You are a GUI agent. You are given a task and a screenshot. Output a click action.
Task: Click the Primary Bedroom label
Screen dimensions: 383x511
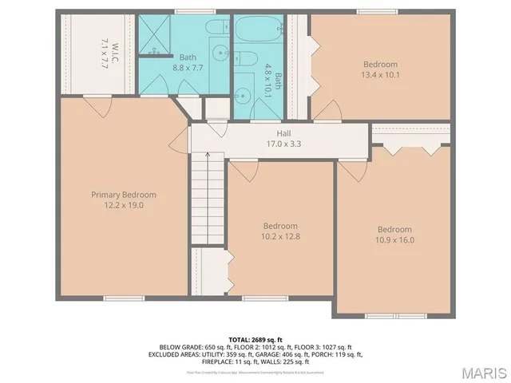click(x=123, y=195)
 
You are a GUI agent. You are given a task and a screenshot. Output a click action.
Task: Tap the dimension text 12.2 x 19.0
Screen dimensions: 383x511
click(x=123, y=205)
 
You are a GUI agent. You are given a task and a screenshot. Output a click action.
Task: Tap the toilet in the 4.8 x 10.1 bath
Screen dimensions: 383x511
click(x=245, y=57)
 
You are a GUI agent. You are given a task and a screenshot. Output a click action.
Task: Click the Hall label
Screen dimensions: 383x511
click(x=283, y=133)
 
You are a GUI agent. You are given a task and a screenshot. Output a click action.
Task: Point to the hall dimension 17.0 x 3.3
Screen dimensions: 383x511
click(x=283, y=144)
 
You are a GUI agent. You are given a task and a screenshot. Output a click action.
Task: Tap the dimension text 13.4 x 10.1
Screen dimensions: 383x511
click(x=380, y=76)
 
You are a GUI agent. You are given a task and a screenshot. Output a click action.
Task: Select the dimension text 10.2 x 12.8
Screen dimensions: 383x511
click(x=280, y=236)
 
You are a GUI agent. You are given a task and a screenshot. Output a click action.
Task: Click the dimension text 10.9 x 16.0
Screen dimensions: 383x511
click(x=394, y=239)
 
